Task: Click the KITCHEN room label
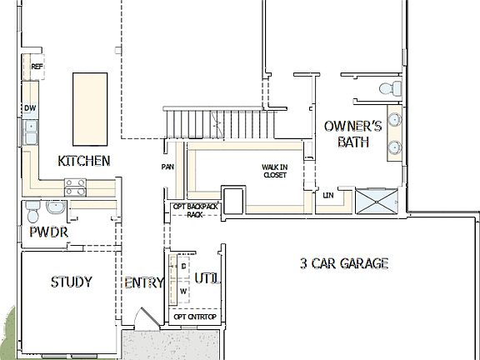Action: [83, 160]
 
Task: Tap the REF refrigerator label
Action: [37, 67]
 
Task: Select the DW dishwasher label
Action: [30, 108]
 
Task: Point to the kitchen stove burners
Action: [75, 187]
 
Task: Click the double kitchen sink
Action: [31, 132]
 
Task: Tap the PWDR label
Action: [47, 231]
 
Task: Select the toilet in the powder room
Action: [32, 207]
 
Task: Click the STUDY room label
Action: [71, 282]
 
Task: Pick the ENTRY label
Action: [143, 283]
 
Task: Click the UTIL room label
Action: [207, 277]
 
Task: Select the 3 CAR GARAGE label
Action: [344, 264]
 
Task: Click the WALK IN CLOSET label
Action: [274, 171]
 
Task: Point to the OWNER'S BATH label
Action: [352, 133]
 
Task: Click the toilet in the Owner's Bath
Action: [387, 87]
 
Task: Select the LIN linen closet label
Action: [328, 196]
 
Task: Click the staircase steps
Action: [218, 124]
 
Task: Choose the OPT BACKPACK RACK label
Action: [194, 209]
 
